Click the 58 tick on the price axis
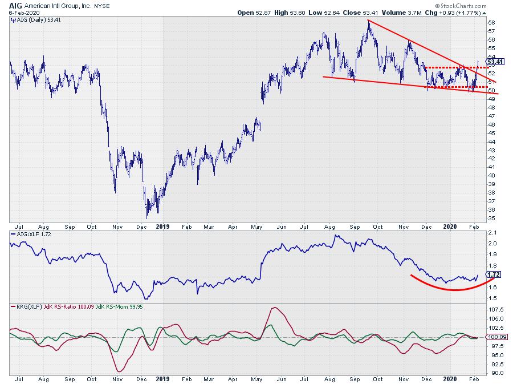491,22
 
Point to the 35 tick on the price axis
491,218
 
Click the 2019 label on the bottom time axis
162,379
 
